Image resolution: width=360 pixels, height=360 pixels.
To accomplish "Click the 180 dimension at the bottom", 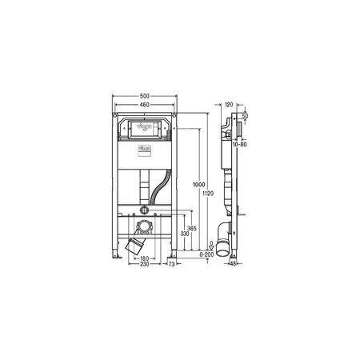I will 146,258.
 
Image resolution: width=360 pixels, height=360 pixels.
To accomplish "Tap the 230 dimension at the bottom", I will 146,266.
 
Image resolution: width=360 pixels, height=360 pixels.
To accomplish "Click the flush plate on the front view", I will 146,127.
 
